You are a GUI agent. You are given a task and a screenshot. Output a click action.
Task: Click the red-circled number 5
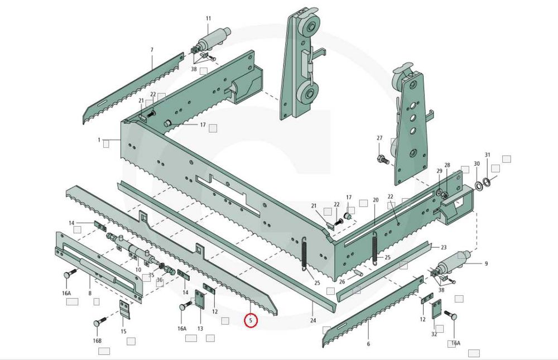coord(251,320)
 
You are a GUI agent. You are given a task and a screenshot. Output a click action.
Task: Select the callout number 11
coord(209,18)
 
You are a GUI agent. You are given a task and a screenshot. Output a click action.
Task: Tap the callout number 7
coord(152,50)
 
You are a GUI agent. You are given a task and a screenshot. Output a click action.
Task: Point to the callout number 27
coord(379,138)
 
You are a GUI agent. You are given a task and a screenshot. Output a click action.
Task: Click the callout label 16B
coord(97,341)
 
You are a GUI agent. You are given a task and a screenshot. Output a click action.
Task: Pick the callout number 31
coord(488,155)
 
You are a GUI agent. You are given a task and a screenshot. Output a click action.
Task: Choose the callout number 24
coord(313,320)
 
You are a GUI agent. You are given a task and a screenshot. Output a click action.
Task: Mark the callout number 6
coord(368,344)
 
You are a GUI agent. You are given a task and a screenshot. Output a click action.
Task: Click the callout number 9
coord(486,264)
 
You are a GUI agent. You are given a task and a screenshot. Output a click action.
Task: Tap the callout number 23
coord(444,247)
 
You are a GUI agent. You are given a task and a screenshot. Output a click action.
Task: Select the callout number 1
coord(99,140)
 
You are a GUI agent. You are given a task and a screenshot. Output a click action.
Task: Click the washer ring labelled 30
coord(478,185)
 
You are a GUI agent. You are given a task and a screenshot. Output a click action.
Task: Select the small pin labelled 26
coord(358,273)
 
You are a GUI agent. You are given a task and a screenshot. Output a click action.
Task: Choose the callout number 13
coord(200,329)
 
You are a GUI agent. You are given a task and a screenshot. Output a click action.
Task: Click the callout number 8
coord(90,294)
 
